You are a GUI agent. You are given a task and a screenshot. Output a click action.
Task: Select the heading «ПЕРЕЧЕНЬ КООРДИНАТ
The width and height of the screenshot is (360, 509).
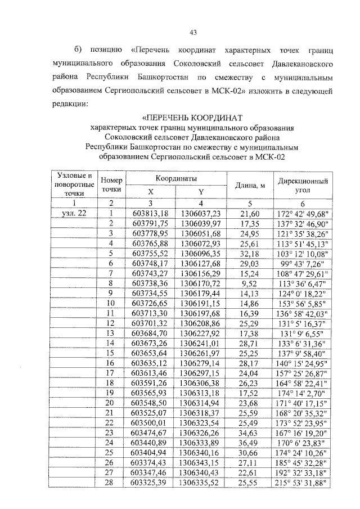tap(192, 118)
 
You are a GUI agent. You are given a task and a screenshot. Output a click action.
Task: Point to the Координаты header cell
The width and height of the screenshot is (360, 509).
tap(177, 178)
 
